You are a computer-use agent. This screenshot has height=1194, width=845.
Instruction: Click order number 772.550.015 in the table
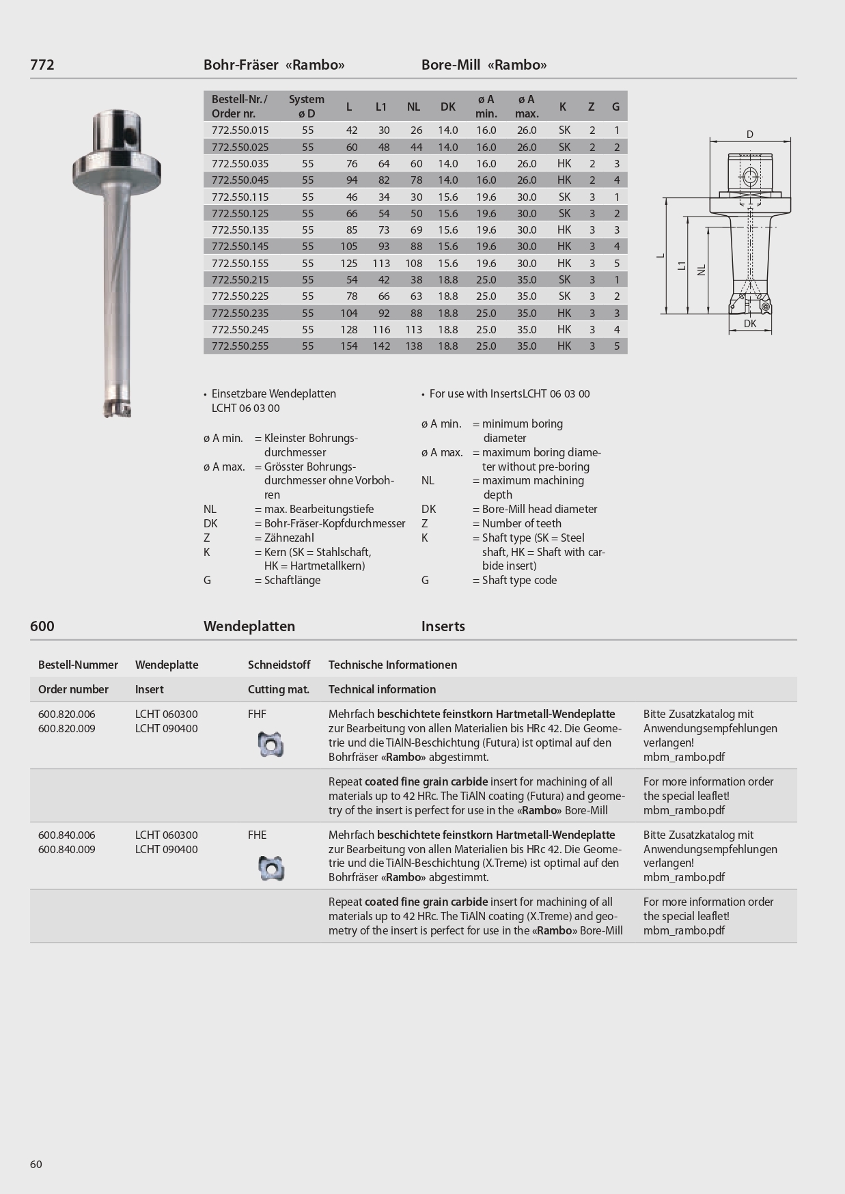tap(240, 130)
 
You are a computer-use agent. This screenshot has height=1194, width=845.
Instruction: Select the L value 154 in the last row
tap(348, 346)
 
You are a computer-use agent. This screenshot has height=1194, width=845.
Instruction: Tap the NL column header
tap(413, 107)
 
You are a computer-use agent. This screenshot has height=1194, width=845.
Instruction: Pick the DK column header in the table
tap(447, 107)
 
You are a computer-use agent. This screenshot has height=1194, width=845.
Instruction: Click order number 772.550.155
tap(240, 264)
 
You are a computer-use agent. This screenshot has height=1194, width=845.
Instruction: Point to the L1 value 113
tap(381, 264)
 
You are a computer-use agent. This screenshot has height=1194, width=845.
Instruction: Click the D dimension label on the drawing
tap(750, 135)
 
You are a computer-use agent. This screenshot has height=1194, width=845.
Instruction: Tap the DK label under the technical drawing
tap(750, 324)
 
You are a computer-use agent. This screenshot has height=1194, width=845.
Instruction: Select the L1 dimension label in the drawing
tap(682, 265)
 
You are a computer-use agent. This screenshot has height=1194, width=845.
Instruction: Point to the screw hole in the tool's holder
tap(128, 138)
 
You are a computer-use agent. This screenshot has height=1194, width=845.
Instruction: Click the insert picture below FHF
tap(271, 744)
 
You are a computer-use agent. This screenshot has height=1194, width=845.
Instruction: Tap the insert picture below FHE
tap(271, 867)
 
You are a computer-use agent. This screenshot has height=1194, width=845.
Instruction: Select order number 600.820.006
tap(67, 714)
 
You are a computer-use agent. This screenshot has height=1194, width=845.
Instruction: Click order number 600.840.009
tap(67, 850)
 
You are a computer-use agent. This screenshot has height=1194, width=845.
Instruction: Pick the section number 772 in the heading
tap(42, 65)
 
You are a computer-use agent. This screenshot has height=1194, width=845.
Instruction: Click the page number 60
tap(36, 1164)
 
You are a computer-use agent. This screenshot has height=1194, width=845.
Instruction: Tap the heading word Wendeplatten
tap(249, 626)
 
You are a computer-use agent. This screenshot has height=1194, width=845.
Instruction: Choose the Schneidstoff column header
tap(279, 665)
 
